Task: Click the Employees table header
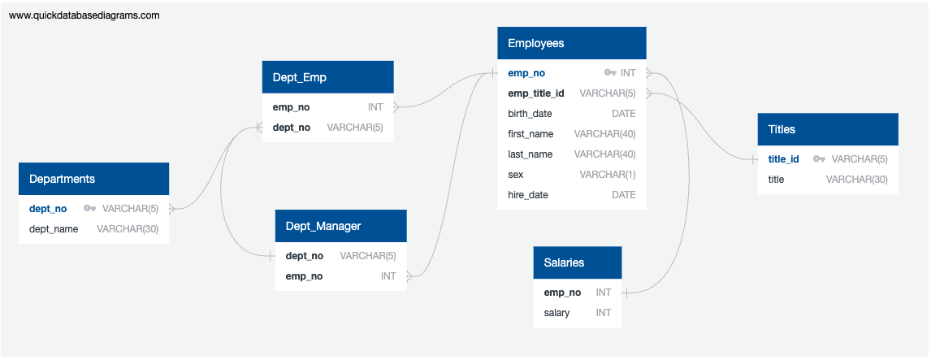(571, 43)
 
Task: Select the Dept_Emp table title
(327, 77)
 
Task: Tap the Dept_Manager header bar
(340, 226)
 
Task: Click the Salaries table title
(577, 262)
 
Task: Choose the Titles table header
(827, 129)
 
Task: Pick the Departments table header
(93, 179)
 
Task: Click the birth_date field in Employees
(531, 114)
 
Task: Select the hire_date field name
(528, 195)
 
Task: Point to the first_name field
(530, 134)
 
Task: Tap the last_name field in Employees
(530, 154)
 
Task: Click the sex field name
(516, 175)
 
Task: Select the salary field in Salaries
(556, 313)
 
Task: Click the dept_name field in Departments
(54, 229)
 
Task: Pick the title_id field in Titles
(784, 159)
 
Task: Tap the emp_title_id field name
(536, 93)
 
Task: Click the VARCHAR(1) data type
(608, 175)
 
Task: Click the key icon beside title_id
(819, 159)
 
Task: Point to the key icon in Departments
(89, 209)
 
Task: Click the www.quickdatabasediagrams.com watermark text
(84, 15)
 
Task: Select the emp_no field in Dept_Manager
(304, 276)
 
